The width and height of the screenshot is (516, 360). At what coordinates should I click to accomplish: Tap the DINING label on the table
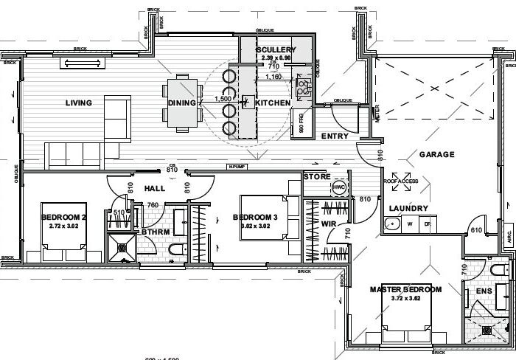(x=181, y=103)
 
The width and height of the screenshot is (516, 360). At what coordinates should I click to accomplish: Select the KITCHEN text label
(x=273, y=103)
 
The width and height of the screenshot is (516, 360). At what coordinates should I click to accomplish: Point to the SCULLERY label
(x=276, y=49)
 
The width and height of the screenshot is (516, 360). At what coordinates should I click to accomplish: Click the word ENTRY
(x=335, y=136)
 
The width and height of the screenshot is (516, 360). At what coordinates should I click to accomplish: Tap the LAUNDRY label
(x=408, y=209)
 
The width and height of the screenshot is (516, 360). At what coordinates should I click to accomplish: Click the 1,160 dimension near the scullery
(x=273, y=77)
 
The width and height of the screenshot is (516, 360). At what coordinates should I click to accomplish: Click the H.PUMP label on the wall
(x=236, y=167)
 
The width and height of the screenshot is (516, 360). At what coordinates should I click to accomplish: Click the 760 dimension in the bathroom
(x=153, y=205)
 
